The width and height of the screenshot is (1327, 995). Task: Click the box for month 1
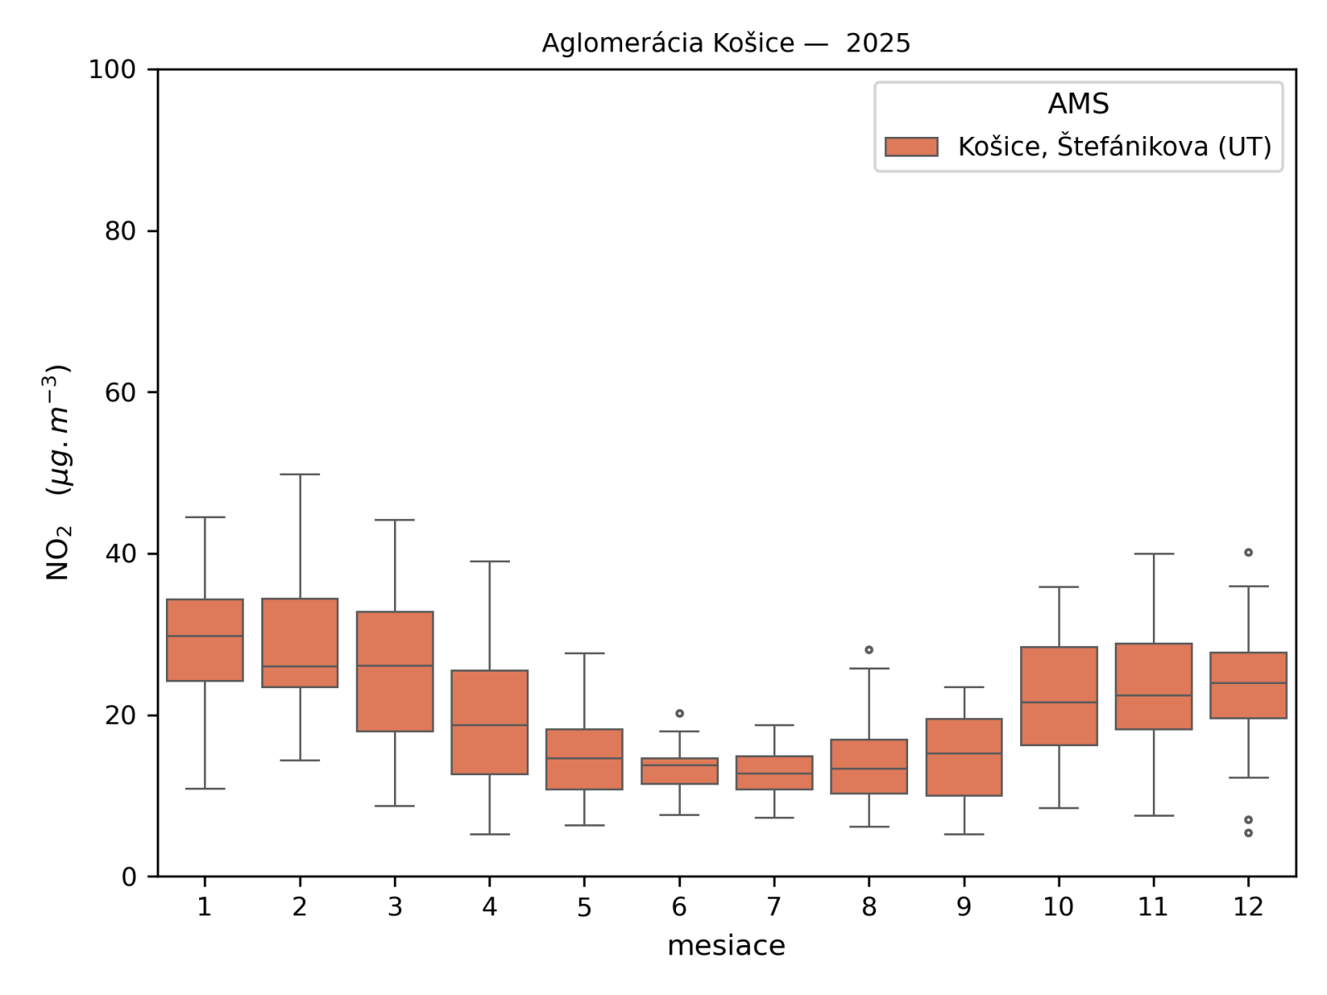205,640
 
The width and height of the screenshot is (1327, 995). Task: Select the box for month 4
489,722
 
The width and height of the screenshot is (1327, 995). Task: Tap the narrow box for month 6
679,771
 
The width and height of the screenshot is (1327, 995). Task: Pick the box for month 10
1059,696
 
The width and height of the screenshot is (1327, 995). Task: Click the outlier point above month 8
869,650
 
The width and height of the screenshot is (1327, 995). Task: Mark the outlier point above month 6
679,713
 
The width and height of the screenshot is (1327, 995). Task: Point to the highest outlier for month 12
1248,552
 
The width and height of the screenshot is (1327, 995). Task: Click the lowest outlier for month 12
1248,832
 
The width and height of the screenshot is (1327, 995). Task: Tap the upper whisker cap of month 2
299,474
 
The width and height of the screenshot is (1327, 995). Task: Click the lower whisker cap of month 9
964,834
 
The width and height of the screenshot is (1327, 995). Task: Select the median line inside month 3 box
395,666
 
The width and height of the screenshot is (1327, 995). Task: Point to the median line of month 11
1154,695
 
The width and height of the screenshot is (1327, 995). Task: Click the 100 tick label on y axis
112,70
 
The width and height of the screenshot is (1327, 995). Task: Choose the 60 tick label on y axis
120,392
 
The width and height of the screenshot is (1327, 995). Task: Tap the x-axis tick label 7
774,907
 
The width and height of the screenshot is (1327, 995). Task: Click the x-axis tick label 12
1248,907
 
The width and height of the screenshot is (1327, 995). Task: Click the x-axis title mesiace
726,946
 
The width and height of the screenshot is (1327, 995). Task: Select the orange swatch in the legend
911,147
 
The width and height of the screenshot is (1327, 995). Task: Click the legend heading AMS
1078,104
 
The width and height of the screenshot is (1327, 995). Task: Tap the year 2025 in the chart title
877,43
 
